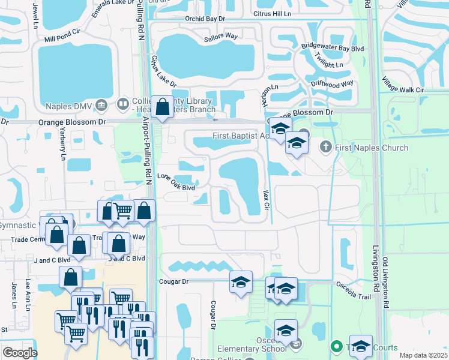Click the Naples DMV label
68,106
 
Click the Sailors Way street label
220,37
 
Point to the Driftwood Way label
332,85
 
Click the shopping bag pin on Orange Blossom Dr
163,108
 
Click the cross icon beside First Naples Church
326,146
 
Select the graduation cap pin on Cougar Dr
241,283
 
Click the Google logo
20,353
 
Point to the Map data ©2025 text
423,355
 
